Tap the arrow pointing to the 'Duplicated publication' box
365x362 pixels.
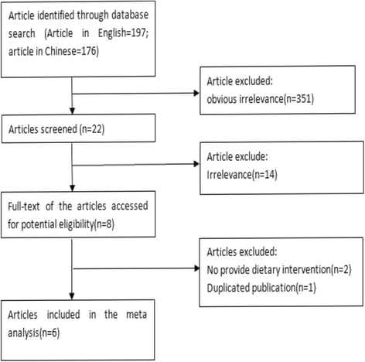[x=193, y=269]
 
